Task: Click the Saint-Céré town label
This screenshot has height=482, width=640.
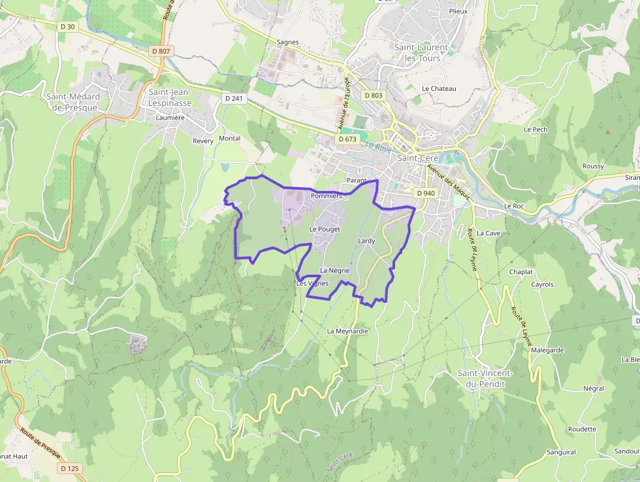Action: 417,158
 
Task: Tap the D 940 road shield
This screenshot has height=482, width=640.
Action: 425,193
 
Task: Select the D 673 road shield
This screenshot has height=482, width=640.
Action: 348,139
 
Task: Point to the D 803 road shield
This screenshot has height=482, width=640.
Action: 374,95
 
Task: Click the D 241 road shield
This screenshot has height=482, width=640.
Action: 233,98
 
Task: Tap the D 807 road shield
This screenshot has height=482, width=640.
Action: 160,50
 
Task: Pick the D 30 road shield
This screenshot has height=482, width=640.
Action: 67,26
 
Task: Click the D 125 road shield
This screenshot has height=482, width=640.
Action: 70,468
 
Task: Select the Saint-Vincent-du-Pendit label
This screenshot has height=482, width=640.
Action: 485,378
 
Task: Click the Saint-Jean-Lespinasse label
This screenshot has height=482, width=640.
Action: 170,97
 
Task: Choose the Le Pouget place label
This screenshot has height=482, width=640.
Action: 325,230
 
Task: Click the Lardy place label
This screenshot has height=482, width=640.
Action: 366,241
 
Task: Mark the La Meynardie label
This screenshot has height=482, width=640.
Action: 347,331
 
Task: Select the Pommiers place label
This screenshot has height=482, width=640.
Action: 327,196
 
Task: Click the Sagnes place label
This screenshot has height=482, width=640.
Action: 287,42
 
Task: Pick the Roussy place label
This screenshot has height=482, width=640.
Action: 593,166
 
